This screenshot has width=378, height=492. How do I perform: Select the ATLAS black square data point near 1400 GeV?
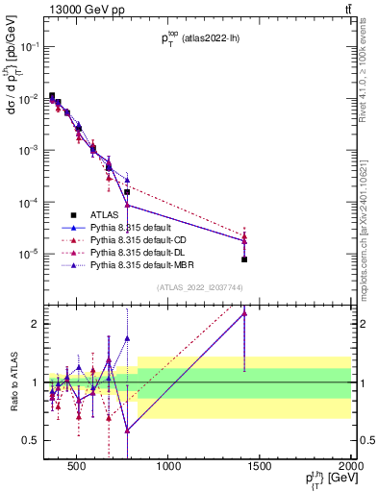tap(244, 259)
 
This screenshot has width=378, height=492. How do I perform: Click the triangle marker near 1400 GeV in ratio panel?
tap(244, 312)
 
